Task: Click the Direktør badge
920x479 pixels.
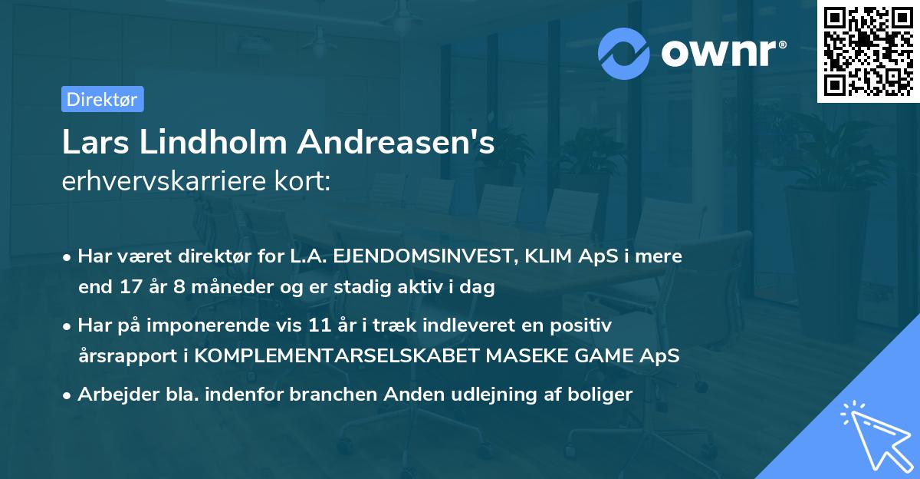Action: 102,99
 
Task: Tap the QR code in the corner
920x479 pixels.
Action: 867,51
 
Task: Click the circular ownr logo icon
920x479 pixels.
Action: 624,53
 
